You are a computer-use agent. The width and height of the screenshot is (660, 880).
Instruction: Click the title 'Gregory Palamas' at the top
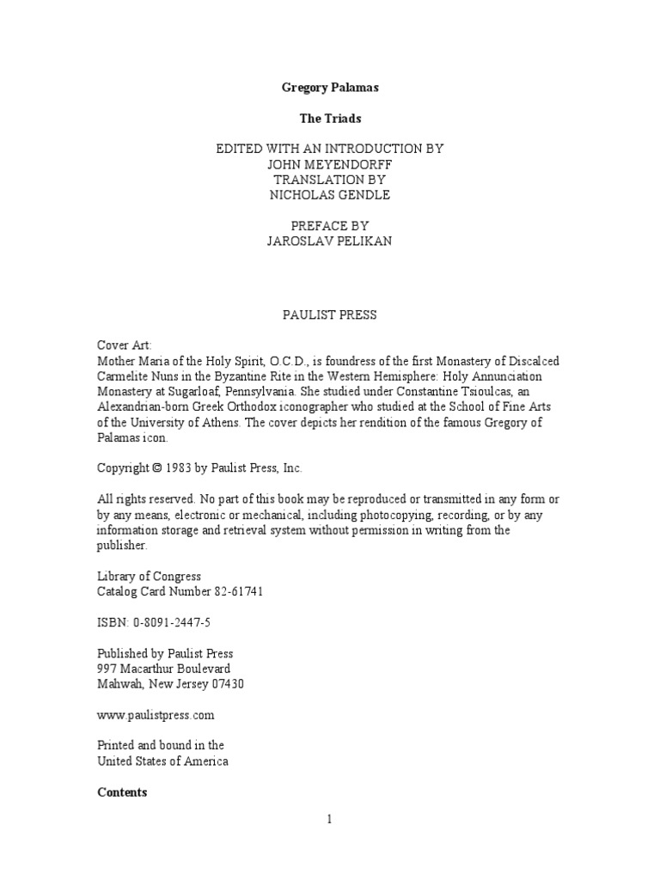point(329,88)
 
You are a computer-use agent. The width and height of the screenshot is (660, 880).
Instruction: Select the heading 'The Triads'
point(329,119)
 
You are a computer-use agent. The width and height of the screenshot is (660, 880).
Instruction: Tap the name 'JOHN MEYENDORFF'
point(329,164)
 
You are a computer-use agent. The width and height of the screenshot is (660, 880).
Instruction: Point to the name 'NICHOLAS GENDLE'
point(329,195)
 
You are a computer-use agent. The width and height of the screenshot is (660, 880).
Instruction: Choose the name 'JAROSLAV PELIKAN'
point(329,241)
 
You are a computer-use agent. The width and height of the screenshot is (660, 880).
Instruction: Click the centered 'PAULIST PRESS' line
point(329,315)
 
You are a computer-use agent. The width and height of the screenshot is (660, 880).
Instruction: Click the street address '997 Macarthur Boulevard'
point(163,669)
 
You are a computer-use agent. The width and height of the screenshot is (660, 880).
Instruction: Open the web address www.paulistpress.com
point(156,715)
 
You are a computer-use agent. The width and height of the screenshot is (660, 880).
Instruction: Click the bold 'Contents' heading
point(122,792)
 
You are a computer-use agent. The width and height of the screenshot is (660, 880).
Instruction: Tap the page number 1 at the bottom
point(329,819)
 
